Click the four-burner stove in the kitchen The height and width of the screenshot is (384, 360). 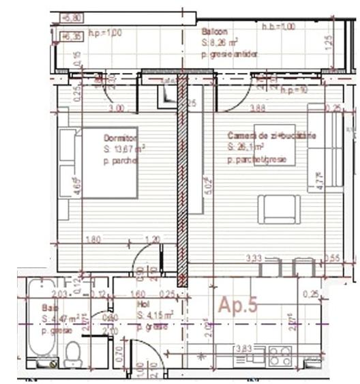click(280, 355)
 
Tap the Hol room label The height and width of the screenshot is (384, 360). click(144, 305)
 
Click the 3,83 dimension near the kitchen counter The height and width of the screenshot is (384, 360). click(243, 349)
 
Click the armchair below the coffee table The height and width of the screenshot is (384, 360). click(278, 209)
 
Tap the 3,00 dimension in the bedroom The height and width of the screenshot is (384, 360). click(118, 108)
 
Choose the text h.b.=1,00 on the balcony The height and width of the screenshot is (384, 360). click(279, 27)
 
